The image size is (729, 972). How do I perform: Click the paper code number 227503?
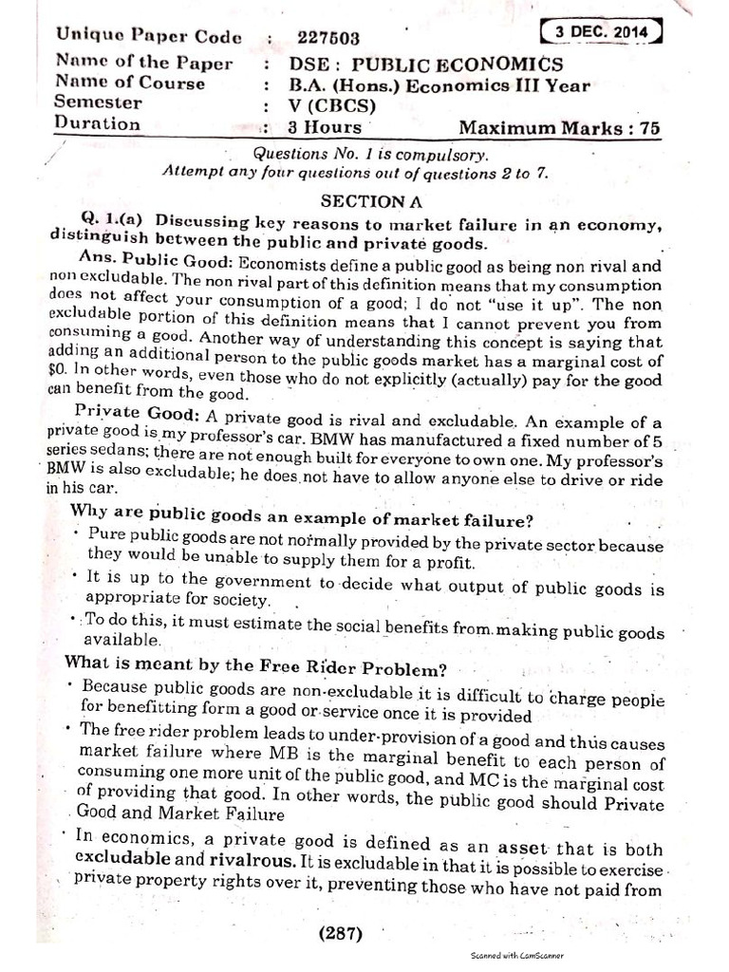coord(328,38)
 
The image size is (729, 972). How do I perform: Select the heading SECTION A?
coord(364,201)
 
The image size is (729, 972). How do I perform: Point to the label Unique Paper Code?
coord(148,37)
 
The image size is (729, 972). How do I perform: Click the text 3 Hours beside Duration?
coord(326,126)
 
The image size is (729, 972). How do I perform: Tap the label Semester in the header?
coord(99,103)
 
